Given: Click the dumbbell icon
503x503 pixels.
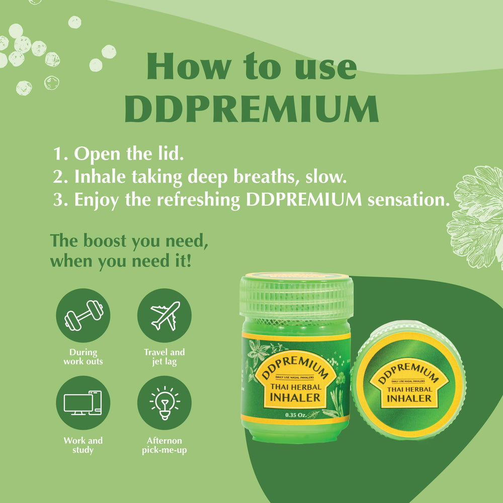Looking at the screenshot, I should click(83, 315).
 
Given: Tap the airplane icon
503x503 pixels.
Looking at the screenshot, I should click(164, 315).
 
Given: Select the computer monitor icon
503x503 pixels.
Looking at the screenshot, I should click(83, 403).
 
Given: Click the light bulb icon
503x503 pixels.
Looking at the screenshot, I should click(164, 403).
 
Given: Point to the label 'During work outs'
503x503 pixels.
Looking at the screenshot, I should click(83, 357).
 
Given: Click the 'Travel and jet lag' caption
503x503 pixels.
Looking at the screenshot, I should click(164, 357).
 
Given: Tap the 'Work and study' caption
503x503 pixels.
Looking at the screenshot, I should click(83, 445).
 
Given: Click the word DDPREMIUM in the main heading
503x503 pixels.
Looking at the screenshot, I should click(251, 108).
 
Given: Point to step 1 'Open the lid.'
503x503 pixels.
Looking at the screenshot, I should click(118, 154).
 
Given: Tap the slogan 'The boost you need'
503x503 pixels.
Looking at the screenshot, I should click(129, 241).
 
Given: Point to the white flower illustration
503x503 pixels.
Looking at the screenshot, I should click(475, 216).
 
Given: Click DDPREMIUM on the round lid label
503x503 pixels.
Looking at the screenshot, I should click(408, 371).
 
